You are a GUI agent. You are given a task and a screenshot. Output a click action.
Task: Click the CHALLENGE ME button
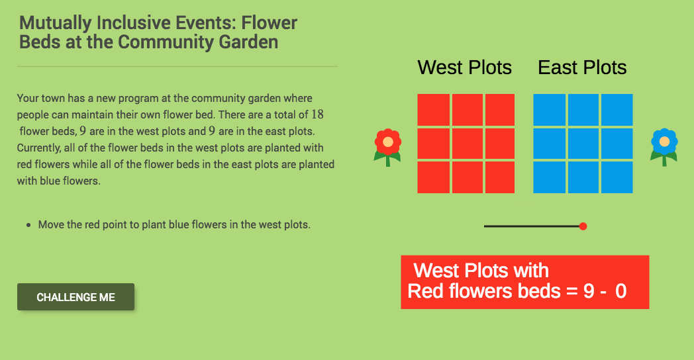[x=75, y=297]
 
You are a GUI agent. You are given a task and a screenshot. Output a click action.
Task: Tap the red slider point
[x=583, y=226]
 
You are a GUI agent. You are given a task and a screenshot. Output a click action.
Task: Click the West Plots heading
[x=464, y=67]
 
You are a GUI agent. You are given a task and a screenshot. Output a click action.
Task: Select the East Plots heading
[x=582, y=67]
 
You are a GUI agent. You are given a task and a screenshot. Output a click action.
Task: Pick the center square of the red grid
[x=466, y=144]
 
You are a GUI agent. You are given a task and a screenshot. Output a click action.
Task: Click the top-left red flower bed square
[x=433, y=110]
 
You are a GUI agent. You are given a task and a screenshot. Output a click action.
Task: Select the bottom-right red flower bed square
[x=499, y=177]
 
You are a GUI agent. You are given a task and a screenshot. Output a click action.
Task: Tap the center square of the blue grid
[x=583, y=144]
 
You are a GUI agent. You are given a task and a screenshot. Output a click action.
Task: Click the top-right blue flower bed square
[x=617, y=110]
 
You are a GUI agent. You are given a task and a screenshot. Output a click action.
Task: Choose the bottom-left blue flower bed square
[x=549, y=177]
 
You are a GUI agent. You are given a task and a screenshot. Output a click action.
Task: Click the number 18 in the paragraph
[x=317, y=114]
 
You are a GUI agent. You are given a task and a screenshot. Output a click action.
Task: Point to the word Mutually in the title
[x=56, y=23]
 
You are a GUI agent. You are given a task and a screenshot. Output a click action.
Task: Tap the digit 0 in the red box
[x=620, y=291]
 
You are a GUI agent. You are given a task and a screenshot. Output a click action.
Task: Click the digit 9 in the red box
[x=589, y=291]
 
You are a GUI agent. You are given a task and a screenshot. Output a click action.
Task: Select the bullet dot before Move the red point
[x=28, y=225]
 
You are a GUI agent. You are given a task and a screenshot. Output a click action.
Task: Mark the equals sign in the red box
[x=571, y=291]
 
